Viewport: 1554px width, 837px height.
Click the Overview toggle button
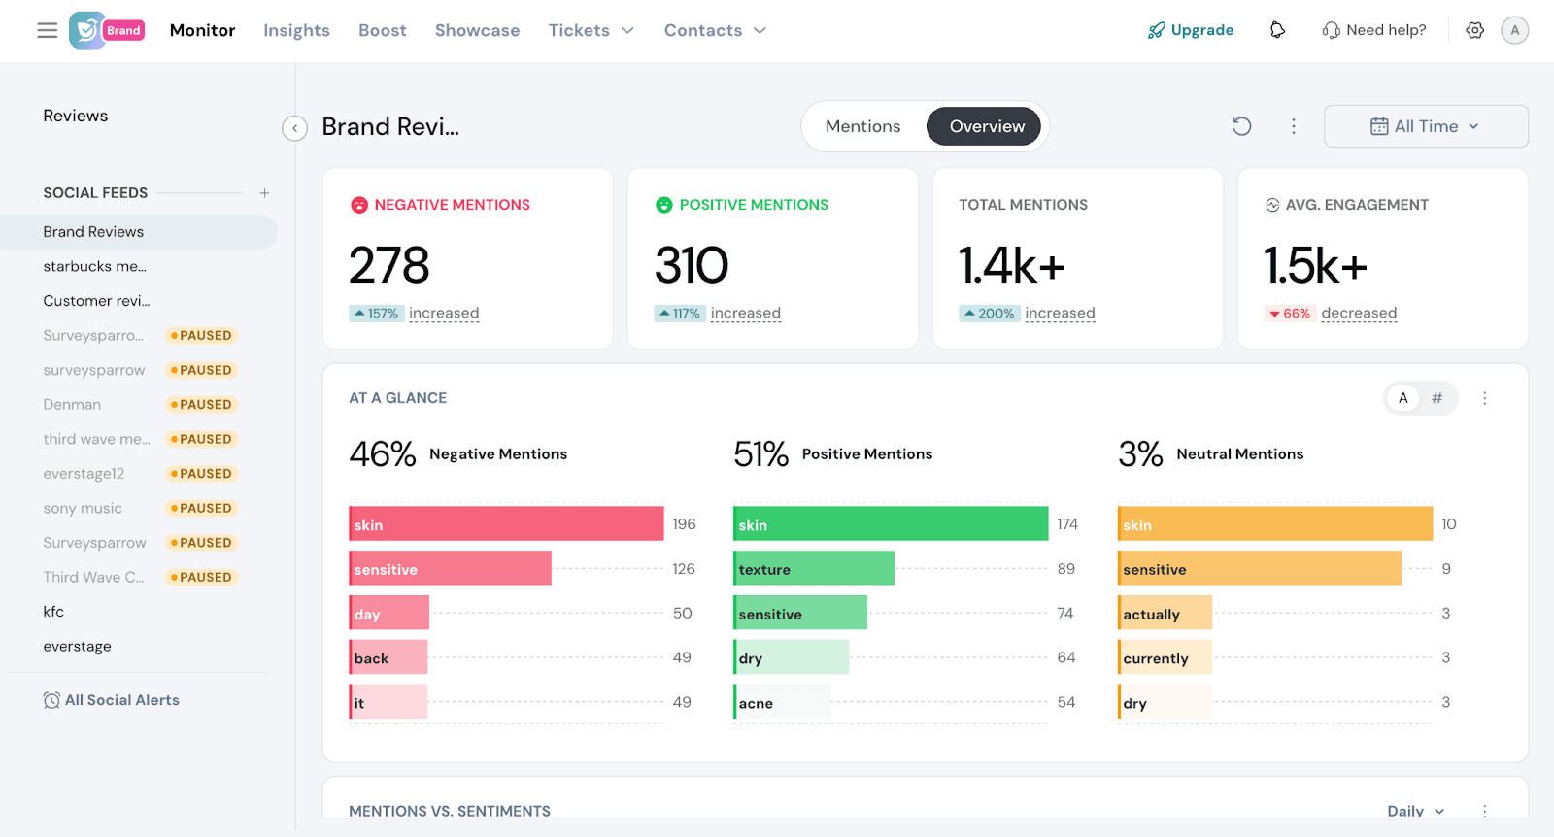click(986, 126)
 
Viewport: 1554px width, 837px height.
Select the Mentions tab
click(862, 126)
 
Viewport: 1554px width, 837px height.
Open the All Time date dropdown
click(1425, 126)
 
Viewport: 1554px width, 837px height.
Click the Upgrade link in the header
click(1191, 30)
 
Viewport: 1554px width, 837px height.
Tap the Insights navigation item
click(296, 30)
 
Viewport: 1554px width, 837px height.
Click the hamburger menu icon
click(48, 30)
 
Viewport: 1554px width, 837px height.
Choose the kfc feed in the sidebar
click(53, 612)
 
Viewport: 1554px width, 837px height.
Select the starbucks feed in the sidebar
click(94, 266)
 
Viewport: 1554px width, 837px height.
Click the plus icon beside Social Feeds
click(264, 193)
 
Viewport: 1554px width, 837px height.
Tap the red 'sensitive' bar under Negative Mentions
click(450, 569)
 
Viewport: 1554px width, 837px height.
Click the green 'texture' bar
click(814, 569)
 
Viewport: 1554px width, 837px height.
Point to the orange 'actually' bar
click(1165, 614)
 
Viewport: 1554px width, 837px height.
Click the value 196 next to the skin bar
click(684, 524)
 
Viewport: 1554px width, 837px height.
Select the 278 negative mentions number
click(389, 265)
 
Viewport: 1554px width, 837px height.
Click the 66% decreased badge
click(1290, 314)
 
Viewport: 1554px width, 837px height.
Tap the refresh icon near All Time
click(1241, 126)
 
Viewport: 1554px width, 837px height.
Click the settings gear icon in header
click(1474, 30)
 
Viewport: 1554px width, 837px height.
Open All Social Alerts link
click(121, 700)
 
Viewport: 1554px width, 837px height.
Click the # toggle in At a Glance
click(1437, 398)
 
